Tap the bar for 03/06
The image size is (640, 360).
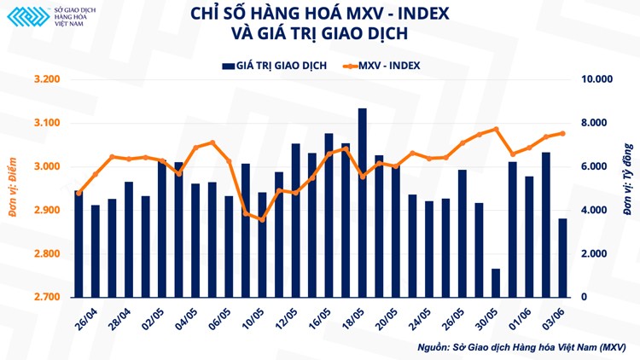tap(562, 258)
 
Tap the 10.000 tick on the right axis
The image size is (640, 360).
tap(597, 80)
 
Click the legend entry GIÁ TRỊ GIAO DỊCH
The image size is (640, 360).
tap(273, 65)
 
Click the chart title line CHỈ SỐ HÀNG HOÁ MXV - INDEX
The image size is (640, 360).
tap(320, 15)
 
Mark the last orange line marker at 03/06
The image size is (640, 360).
tap(562, 133)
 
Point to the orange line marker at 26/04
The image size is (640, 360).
tap(79, 193)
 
